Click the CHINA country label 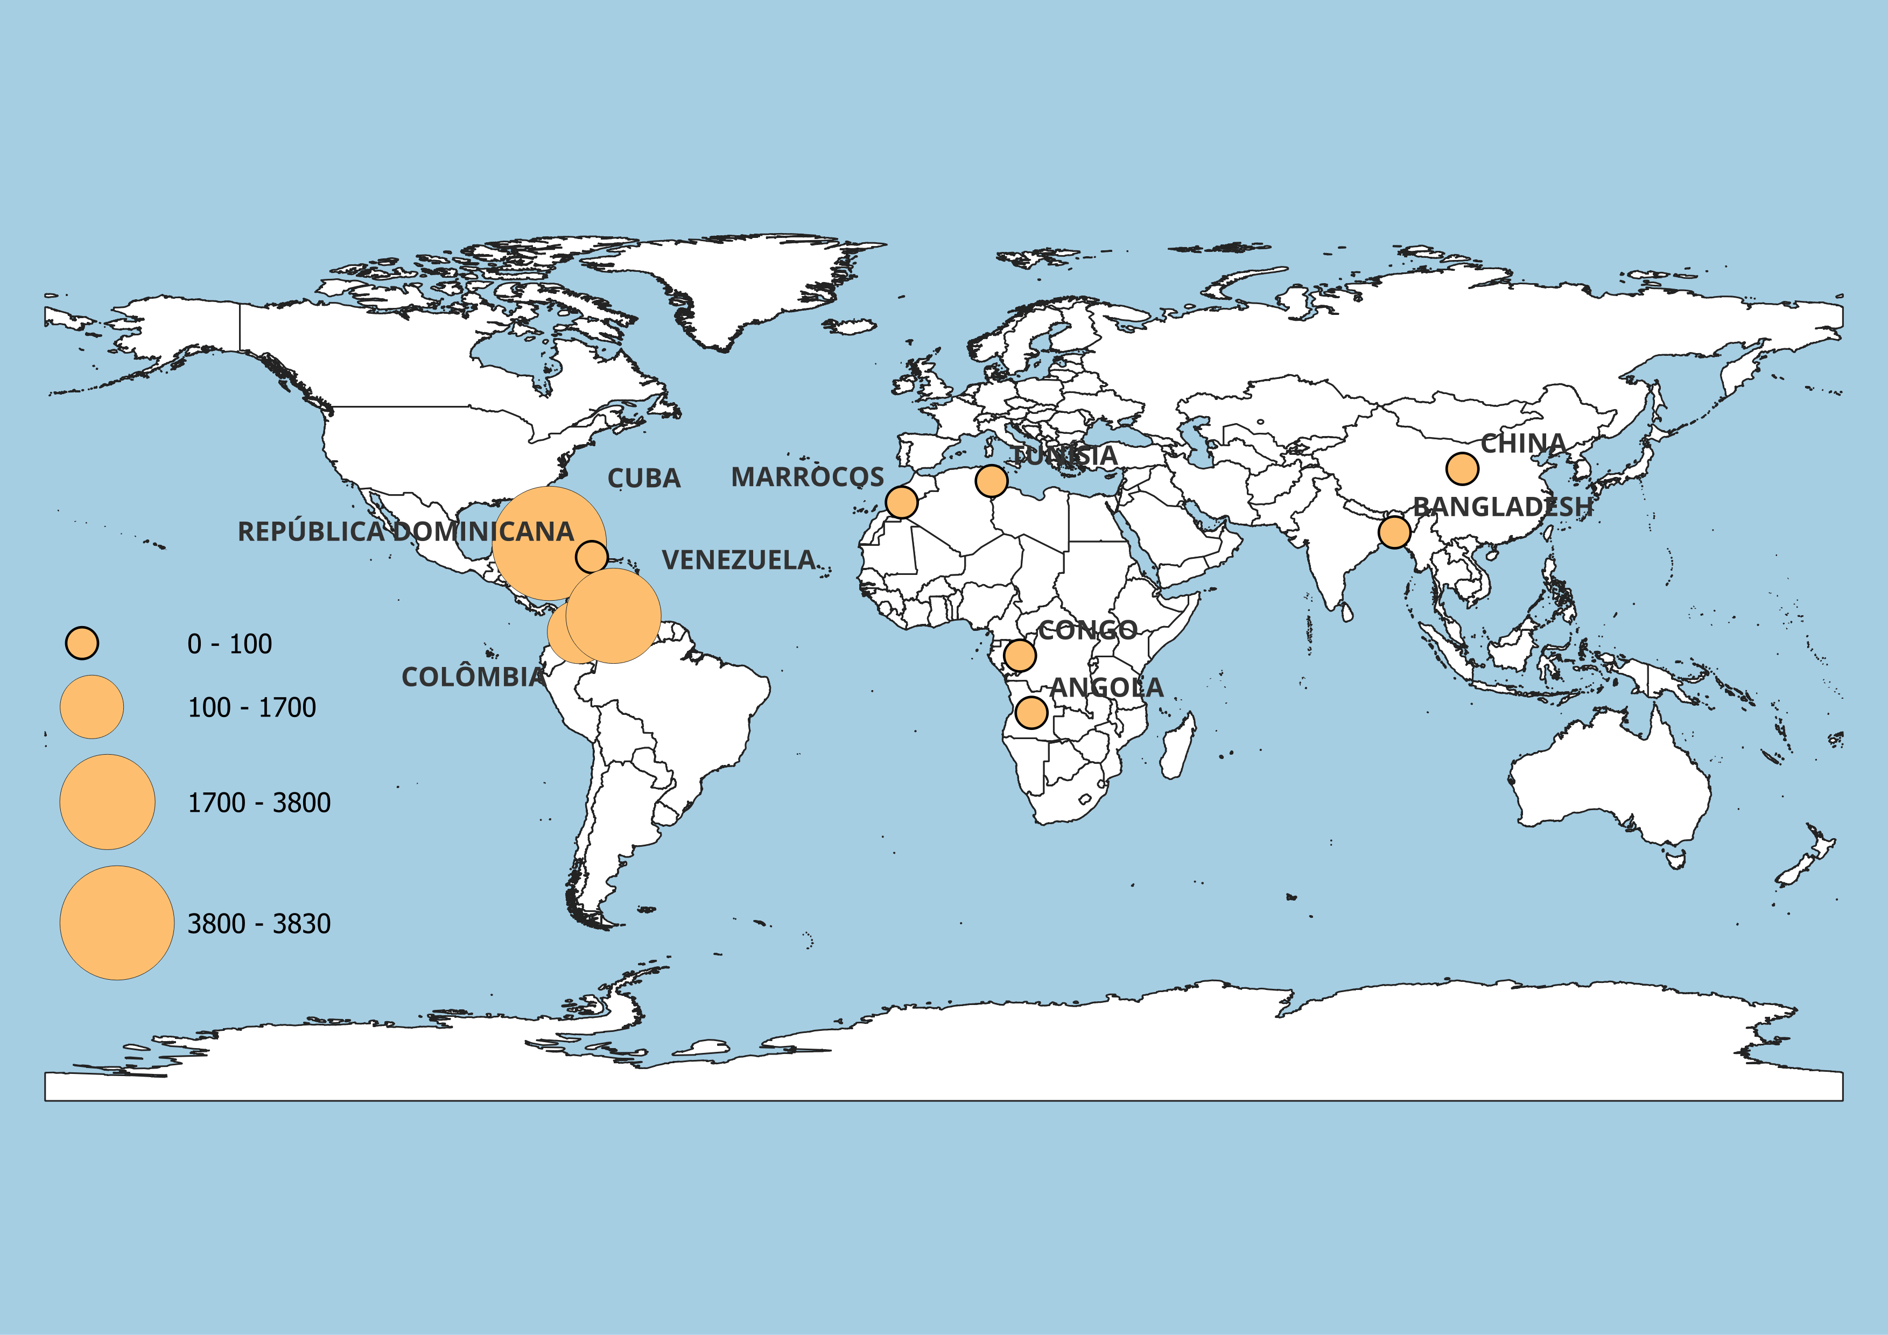coord(1523,444)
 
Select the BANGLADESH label coord(1503,507)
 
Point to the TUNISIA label coord(1064,455)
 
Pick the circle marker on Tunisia coord(991,481)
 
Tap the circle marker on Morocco coord(901,502)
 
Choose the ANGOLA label coord(1107,688)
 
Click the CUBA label coord(644,479)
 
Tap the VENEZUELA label coord(739,560)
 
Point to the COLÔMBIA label coord(473,677)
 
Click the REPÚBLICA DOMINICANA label coord(405,532)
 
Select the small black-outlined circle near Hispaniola coord(591,557)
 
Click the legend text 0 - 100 coord(229,644)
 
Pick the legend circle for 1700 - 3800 coord(108,802)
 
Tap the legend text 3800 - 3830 coord(259,924)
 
